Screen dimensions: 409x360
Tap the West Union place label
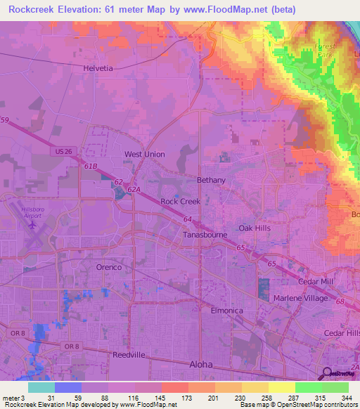[144, 154]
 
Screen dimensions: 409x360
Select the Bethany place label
[211, 180]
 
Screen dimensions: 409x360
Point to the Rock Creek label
[180, 201]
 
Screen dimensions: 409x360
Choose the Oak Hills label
[254, 228]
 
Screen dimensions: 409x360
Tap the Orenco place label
[109, 267]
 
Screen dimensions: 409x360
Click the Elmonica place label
[226, 309]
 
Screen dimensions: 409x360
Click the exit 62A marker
[135, 189]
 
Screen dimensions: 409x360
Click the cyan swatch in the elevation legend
[41, 387]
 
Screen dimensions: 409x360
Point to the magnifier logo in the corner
[328, 373]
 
